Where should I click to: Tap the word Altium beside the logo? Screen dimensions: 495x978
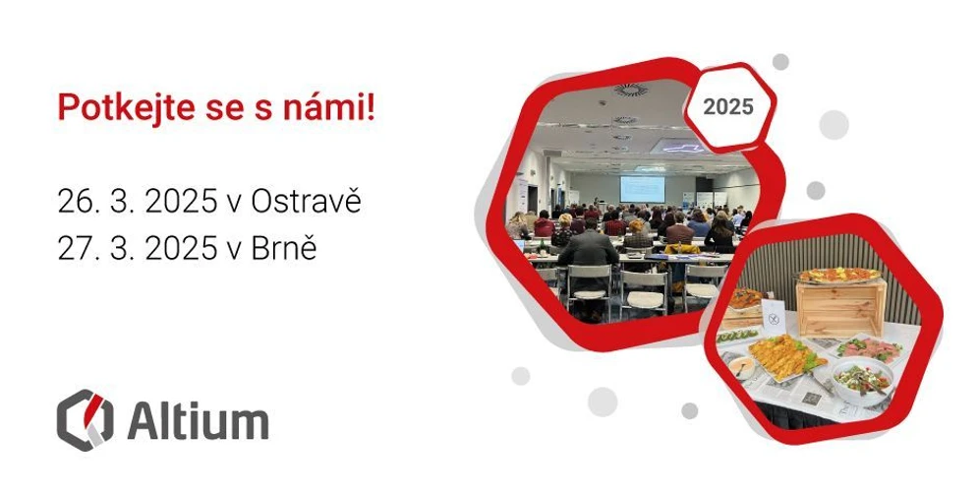(198, 421)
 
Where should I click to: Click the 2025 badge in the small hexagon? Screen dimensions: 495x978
(729, 106)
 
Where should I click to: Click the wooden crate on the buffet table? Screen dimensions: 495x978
(840, 306)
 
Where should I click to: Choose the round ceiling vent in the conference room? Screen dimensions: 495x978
(629, 91)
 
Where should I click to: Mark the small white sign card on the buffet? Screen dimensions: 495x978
(774, 314)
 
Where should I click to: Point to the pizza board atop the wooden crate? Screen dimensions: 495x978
(837, 275)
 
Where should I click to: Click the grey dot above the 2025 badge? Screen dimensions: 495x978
(780, 62)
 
